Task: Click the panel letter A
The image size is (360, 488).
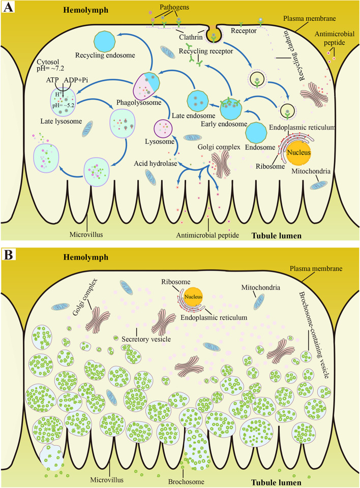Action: (x=8, y=9)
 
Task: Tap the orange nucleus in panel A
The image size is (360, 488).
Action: (x=298, y=152)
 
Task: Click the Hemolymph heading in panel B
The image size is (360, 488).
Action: (x=85, y=257)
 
